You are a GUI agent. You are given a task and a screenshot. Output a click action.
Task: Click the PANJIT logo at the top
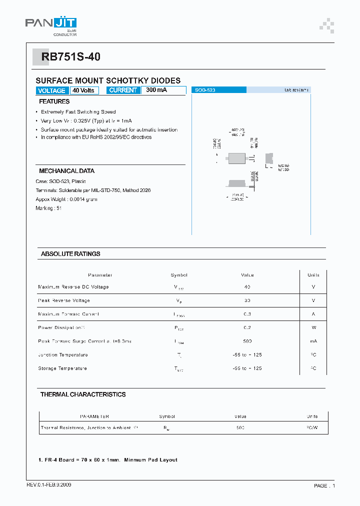click(x=51, y=25)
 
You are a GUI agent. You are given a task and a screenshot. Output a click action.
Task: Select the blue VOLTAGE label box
click(x=51, y=90)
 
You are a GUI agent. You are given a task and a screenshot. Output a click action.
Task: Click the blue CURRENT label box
click(x=123, y=90)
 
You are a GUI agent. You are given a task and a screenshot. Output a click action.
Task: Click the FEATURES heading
click(x=54, y=101)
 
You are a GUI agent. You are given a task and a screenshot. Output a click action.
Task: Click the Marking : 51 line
click(x=48, y=208)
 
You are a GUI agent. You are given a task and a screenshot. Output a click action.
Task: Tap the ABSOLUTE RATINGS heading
click(x=70, y=254)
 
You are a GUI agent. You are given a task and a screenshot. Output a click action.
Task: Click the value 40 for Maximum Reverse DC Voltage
click(x=247, y=287)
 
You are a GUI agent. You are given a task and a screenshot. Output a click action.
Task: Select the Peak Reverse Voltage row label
click(x=64, y=300)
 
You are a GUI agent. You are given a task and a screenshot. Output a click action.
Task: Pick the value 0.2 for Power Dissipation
click(x=247, y=327)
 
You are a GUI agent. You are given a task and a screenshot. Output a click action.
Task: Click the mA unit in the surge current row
click(x=313, y=341)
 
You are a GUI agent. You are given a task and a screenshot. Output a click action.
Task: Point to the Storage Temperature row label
click(x=62, y=368)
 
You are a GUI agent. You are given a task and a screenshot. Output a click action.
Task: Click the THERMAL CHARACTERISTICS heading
click(x=83, y=394)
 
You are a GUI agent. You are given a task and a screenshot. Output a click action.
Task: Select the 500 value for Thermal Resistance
click(x=240, y=428)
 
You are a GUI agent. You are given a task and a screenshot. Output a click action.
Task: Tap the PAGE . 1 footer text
click(x=324, y=485)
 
